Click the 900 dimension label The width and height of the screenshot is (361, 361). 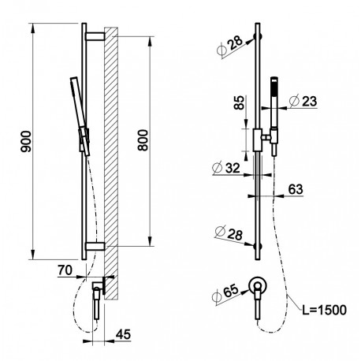tap(26, 141)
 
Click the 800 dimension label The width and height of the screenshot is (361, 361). tap(143, 140)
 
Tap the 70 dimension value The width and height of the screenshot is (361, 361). tap(65, 270)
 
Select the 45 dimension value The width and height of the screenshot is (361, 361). tap(123, 334)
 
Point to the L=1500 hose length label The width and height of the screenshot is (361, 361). tap(324, 310)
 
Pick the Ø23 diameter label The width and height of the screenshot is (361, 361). tap(303, 101)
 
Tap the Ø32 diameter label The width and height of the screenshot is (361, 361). tap(226, 168)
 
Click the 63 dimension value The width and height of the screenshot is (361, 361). tap(296, 189)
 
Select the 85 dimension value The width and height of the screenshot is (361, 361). tap(239, 102)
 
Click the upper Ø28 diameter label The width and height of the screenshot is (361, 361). tap(230, 46)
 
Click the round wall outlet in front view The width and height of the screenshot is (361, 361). tap(258, 285)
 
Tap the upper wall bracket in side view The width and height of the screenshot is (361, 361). tap(95, 36)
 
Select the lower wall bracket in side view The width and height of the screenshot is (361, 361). tap(95, 246)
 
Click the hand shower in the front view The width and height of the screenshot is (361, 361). tap(274, 117)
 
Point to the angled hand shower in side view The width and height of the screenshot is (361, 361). tap(80, 116)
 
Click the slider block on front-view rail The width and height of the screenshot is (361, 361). tap(258, 140)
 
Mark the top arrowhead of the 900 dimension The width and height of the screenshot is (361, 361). tap(33, 28)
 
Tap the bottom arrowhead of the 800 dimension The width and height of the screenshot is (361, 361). tap(150, 241)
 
